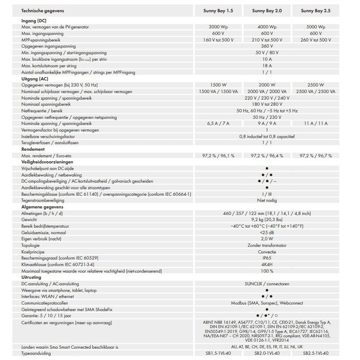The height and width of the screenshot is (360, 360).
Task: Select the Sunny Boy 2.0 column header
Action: (267, 10)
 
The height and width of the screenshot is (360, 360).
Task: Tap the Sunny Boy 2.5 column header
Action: (316, 10)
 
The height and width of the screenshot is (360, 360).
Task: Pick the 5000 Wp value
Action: (316, 27)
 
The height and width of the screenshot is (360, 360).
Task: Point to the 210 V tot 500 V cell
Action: (267, 40)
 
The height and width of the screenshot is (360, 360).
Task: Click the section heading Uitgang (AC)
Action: (35, 79)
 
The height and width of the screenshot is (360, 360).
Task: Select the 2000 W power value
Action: (267, 85)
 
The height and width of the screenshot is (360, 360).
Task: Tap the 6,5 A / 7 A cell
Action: (218, 124)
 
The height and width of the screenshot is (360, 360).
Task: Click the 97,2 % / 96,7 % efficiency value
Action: (316, 156)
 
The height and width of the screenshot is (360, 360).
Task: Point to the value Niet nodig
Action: (267, 200)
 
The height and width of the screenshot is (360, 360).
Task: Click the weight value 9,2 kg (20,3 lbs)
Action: (267, 219)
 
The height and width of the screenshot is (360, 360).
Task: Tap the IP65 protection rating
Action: (267, 258)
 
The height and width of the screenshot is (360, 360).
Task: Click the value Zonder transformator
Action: (267, 245)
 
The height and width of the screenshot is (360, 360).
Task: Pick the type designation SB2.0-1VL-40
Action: (267, 353)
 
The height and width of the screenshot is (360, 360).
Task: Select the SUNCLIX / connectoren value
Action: (267, 284)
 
